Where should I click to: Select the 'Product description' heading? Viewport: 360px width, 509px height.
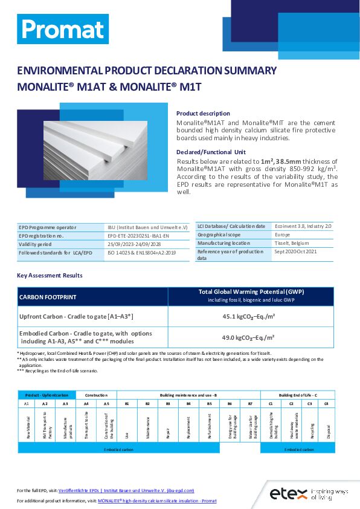(203, 114)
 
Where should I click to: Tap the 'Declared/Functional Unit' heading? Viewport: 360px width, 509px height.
(211, 152)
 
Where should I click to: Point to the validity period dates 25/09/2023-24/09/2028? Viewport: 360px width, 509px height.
(133, 244)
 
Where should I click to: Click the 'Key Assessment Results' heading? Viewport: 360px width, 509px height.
(50, 276)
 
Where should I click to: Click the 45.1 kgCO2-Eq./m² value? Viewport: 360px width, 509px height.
(249, 316)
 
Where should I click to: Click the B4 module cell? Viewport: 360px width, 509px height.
(188, 403)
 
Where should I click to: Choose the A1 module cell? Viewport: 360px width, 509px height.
(27, 403)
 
